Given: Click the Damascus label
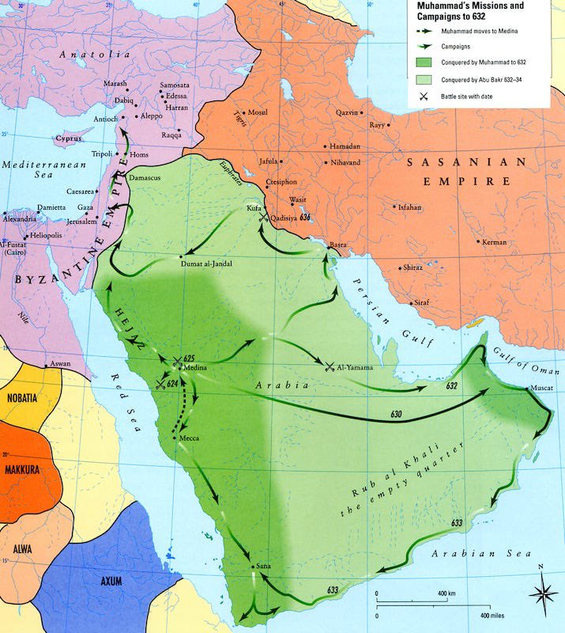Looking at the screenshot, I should point(145,178).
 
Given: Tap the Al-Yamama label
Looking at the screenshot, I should point(355,367).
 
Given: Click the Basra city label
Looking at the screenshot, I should point(337,244).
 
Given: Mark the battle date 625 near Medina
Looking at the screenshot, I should point(189,358).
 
